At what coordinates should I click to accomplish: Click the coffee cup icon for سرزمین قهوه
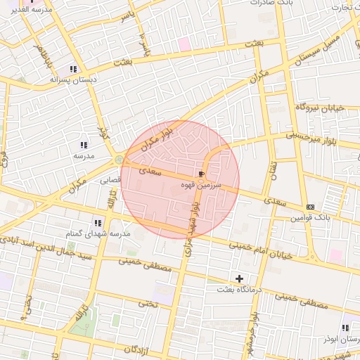point(202,173)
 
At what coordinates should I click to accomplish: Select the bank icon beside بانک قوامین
point(311,207)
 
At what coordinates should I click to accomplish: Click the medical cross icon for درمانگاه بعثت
point(240,278)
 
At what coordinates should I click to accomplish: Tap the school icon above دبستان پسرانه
point(73,69)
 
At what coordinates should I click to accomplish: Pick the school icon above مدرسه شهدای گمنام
point(97,222)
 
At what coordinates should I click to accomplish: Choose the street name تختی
point(146,303)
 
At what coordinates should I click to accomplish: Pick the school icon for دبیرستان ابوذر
point(345,328)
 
